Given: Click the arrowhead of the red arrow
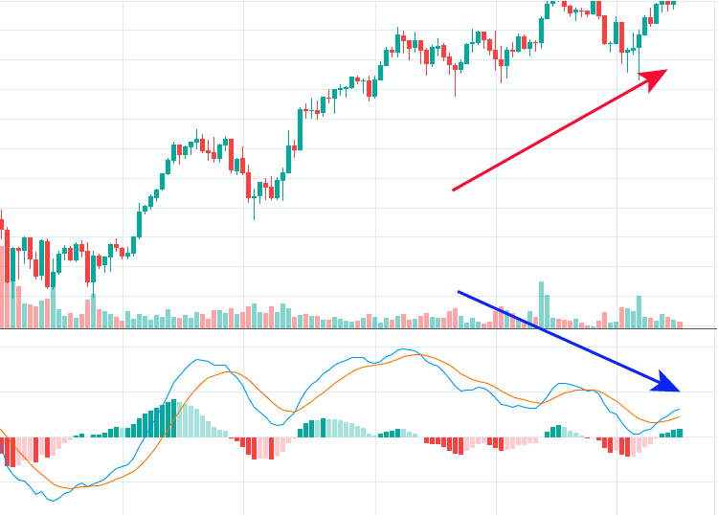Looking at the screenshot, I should click(660, 75).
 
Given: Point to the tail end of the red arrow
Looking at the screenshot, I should click(454, 190).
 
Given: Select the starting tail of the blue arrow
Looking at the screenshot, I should click(460, 292).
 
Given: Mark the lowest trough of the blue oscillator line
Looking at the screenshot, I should click(53, 500).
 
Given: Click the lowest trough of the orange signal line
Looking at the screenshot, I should click(81, 486).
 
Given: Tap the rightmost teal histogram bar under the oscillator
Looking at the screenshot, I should click(681, 433).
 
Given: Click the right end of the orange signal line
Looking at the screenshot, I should click(679, 416).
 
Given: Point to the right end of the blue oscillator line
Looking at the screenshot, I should click(679, 409).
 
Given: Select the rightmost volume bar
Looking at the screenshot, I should click(681, 325).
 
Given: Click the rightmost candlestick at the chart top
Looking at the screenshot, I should click(673, 3).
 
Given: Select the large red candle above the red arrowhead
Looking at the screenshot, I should click(606, 29).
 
